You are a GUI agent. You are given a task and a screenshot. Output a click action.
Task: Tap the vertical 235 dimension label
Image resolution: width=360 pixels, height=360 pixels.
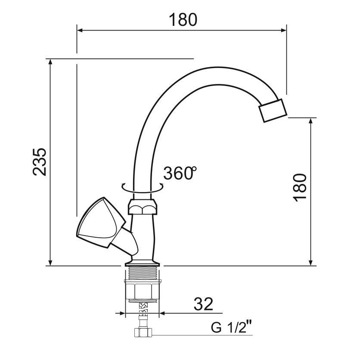coord(40,162)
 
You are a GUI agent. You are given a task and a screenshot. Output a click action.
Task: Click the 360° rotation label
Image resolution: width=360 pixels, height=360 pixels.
coord(180,173)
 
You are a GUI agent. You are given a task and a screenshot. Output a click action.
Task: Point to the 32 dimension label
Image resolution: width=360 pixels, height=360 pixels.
coord(203,304)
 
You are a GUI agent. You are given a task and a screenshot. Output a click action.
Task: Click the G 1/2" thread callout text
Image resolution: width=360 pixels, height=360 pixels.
coord(231,328)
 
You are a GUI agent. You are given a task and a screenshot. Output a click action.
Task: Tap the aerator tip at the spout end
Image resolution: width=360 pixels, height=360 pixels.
coord(273,110)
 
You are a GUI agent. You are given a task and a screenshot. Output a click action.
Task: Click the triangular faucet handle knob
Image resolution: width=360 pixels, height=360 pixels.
coord(101,223)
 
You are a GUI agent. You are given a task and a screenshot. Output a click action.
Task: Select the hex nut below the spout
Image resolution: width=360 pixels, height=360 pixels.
coord(143,207)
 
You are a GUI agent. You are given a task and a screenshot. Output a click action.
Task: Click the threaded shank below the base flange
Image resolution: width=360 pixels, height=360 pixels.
coord(143,273)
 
